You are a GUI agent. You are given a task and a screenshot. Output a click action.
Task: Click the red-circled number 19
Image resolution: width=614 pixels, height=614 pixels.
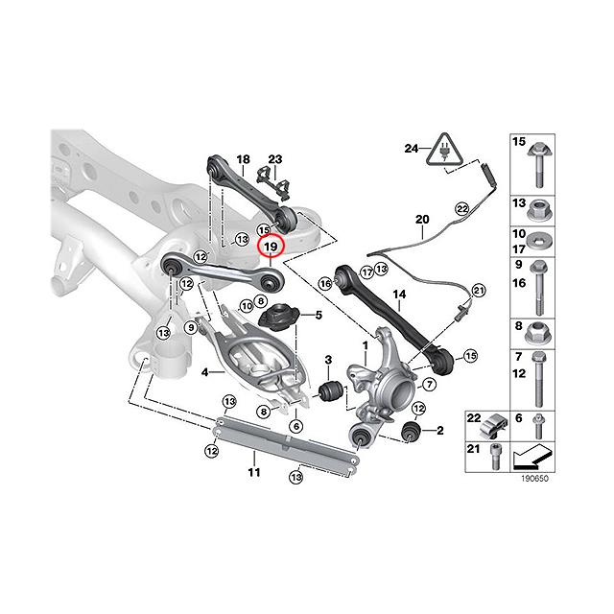coord(271,247)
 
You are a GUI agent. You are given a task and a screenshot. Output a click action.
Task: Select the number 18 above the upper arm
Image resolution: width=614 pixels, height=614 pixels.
coord(242,159)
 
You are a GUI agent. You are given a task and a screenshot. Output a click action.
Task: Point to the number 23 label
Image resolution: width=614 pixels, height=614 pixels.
coord(275,159)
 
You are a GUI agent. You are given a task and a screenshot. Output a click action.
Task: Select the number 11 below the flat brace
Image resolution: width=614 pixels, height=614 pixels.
coord(253,473)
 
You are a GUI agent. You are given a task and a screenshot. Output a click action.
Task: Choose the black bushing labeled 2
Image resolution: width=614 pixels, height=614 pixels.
coord(413,431)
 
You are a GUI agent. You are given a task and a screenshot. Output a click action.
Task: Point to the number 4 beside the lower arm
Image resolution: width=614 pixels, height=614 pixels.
coord(205,370)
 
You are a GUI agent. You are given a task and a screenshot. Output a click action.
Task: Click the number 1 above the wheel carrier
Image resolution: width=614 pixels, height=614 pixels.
coord(365,342)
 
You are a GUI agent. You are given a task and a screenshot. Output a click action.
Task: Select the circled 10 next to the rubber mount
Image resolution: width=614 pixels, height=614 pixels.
coord(246,307)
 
